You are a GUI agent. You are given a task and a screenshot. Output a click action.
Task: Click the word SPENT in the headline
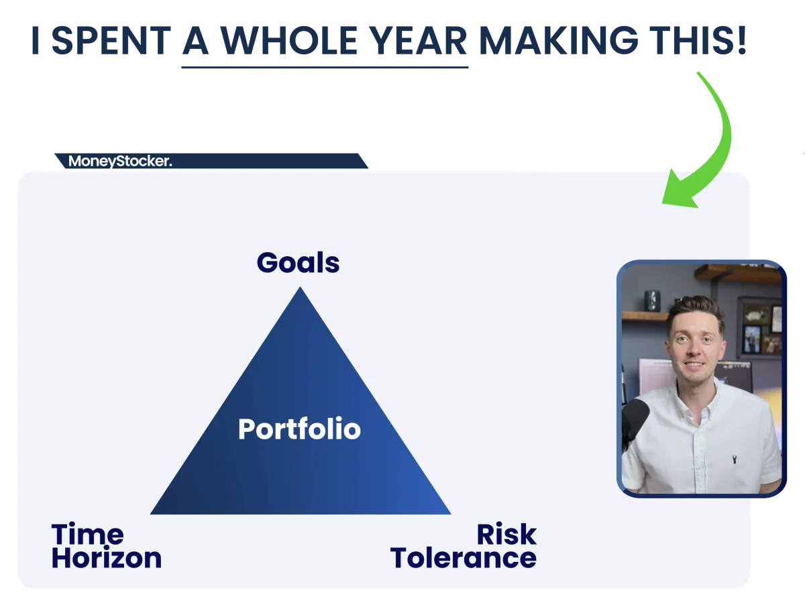coord(111,40)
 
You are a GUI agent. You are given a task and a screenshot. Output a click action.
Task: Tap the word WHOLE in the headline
coord(289,40)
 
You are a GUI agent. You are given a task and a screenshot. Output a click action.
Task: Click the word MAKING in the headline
coord(559,40)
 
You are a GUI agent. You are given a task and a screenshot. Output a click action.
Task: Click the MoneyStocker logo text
coord(120,162)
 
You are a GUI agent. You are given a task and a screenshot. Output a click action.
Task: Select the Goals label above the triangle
coord(298,262)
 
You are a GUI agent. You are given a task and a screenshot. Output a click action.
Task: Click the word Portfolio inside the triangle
coord(300,429)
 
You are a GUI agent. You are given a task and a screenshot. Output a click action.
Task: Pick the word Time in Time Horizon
coord(88,534)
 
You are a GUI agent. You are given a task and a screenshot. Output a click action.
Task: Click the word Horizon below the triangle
coord(107,558)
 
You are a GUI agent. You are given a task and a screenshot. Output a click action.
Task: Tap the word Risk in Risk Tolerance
coord(507,534)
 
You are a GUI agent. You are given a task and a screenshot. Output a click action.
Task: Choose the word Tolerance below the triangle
coord(463,558)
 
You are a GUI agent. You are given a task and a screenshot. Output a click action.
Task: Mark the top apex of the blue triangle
coord(301,286)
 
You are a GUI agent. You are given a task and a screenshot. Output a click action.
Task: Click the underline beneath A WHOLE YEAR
coord(325,68)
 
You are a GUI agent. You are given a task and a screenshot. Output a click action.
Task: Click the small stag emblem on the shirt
coord(734,459)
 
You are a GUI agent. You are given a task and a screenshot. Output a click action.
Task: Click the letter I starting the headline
coord(35,40)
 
